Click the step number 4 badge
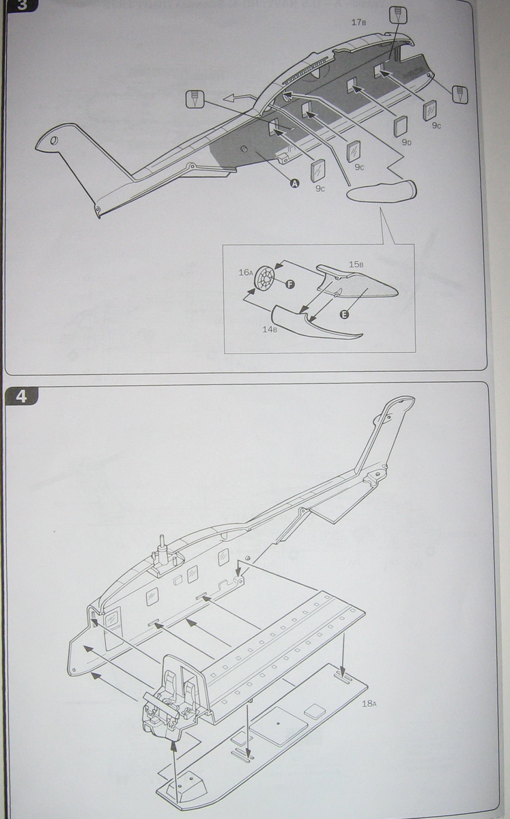[x=20, y=395]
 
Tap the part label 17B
[x=359, y=23]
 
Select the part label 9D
[x=406, y=143]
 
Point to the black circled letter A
[x=294, y=183]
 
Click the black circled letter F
[x=289, y=283]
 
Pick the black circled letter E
[x=343, y=315]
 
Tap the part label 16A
[x=246, y=272]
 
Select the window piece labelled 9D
[x=401, y=126]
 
